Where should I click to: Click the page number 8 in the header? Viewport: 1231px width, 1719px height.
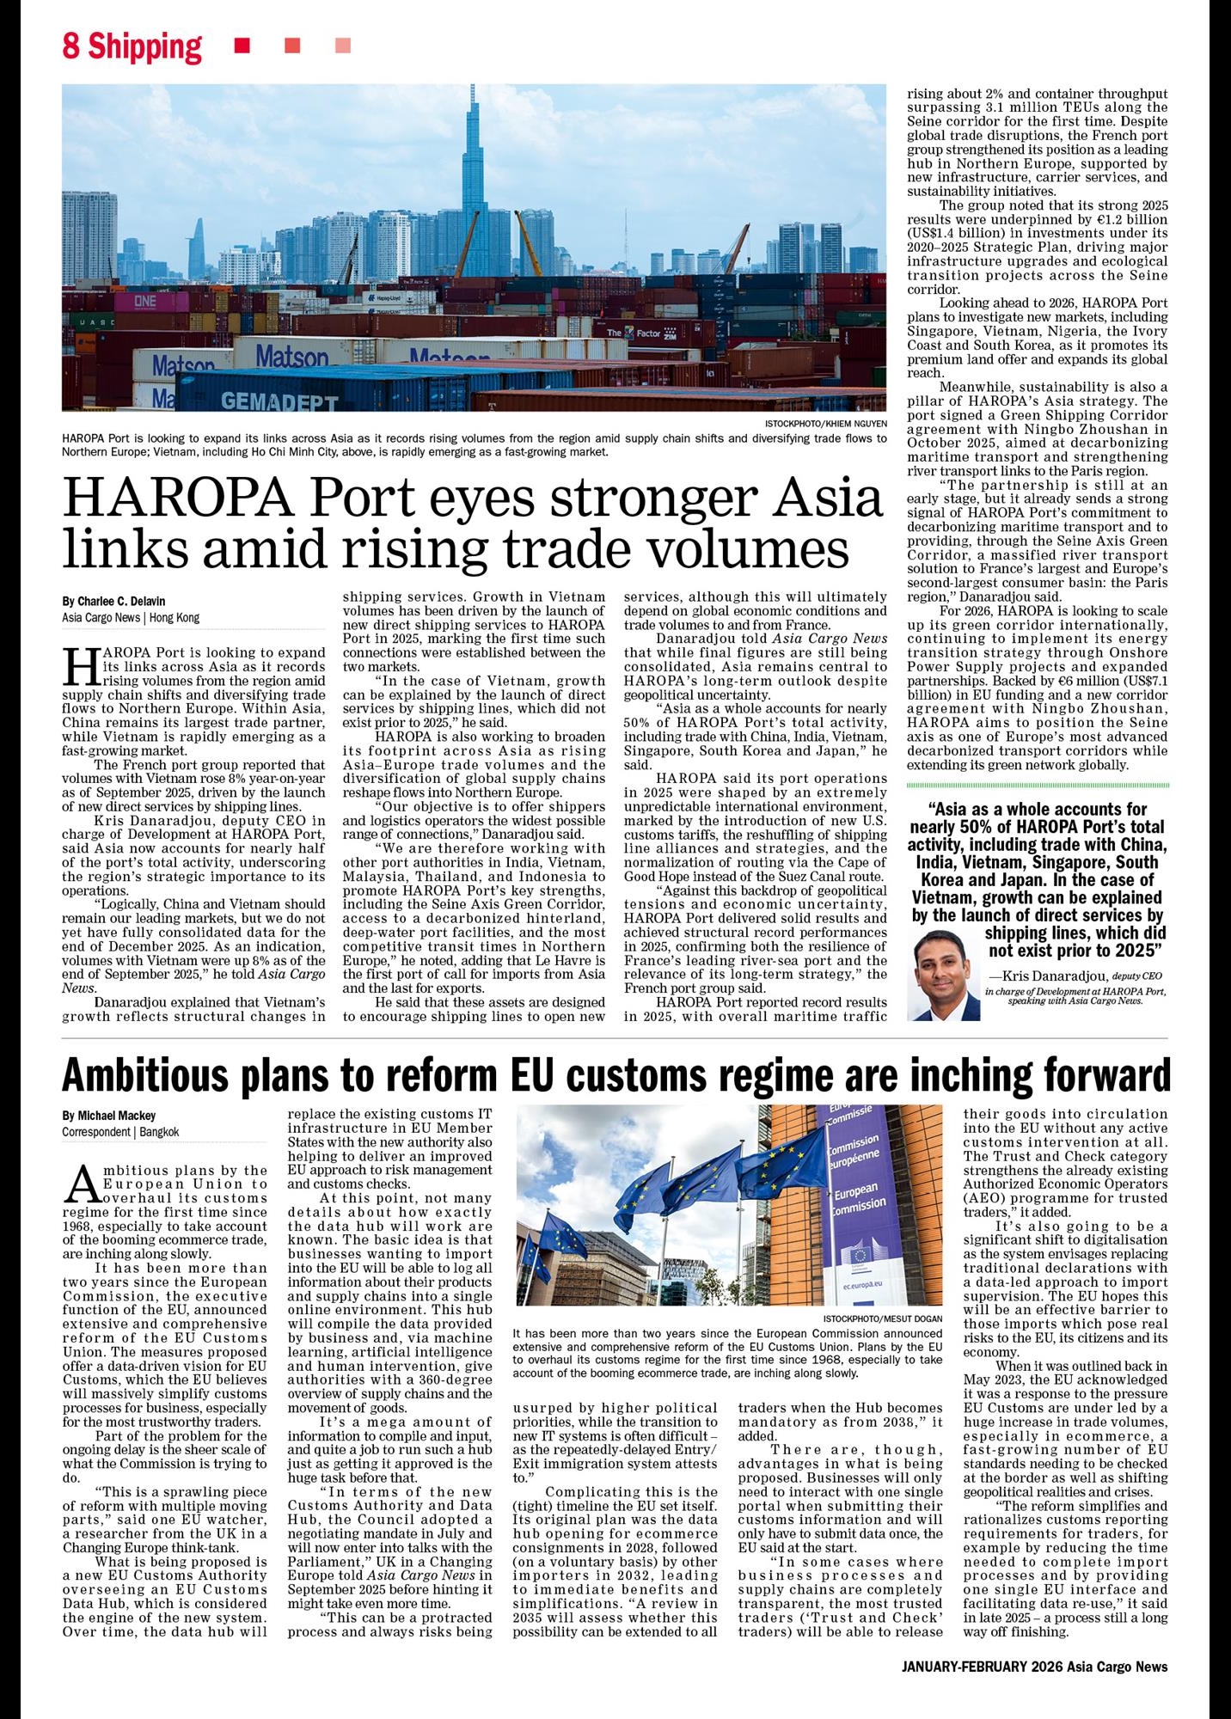click(x=70, y=46)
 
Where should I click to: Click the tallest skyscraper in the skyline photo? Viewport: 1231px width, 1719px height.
click(x=472, y=172)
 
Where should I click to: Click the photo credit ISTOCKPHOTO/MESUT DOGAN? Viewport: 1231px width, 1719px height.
click(x=882, y=1318)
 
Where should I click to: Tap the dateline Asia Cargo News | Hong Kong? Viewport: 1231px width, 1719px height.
click(x=130, y=617)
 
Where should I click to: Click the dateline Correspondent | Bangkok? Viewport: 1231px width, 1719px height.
click(x=119, y=1132)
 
